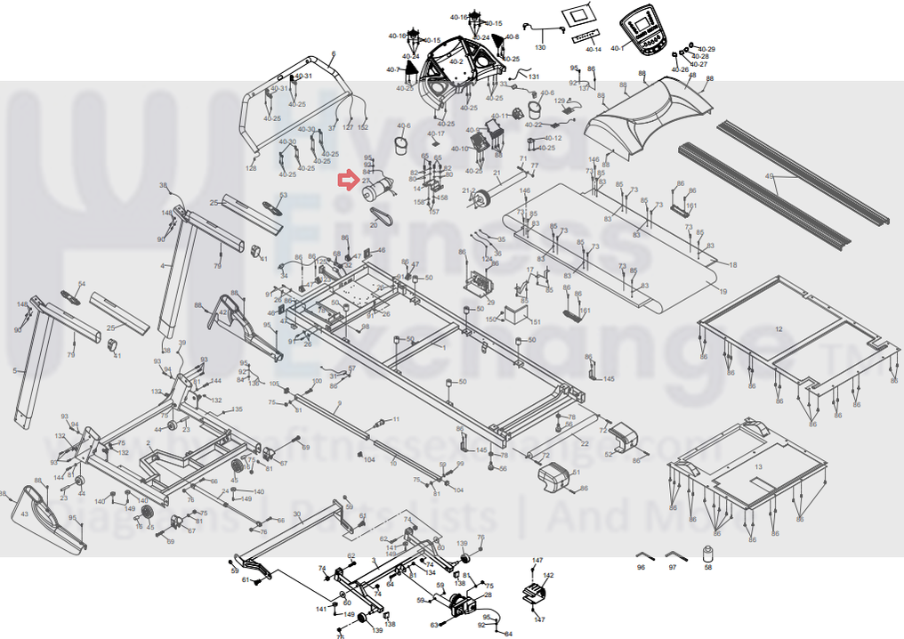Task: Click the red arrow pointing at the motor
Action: (x=345, y=182)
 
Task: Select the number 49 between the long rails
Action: (x=770, y=177)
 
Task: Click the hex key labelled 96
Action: (x=644, y=553)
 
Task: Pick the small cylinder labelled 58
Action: (x=708, y=550)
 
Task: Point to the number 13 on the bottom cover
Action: (x=758, y=465)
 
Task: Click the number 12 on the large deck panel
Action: (x=779, y=329)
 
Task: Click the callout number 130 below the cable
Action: (x=540, y=46)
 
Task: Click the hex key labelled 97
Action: (x=676, y=553)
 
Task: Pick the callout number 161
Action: (x=691, y=206)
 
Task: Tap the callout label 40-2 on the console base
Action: (x=456, y=61)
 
